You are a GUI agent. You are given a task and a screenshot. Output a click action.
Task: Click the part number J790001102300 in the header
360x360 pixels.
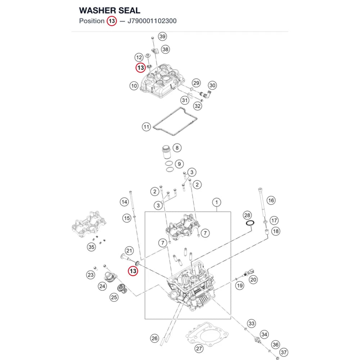point(152,21)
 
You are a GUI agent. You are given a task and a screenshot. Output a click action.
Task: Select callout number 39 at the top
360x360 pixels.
point(162,36)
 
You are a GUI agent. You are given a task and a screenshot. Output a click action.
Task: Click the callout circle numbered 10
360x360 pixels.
point(134,86)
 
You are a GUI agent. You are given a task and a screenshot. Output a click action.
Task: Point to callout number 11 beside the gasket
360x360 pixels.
point(146,127)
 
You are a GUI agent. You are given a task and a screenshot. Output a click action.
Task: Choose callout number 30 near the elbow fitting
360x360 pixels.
point(212,85)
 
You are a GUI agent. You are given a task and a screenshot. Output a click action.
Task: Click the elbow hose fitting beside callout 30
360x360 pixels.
point(206,94)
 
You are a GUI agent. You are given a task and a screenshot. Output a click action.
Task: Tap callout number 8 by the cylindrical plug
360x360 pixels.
point(177,148)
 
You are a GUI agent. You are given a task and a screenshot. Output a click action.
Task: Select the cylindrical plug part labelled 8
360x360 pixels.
point(166,152)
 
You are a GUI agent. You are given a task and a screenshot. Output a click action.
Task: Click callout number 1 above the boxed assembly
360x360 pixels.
point(216,202)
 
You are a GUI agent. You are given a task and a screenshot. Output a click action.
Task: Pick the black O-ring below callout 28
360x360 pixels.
point(250,223)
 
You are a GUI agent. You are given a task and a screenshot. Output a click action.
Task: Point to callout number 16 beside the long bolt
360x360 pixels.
point(271,201)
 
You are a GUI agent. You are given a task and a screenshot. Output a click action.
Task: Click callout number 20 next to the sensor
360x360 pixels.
point(253,280)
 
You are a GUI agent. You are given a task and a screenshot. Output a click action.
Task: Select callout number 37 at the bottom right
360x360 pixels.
point(284,352)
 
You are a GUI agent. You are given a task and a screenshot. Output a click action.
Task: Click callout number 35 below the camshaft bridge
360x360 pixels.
point(91,247)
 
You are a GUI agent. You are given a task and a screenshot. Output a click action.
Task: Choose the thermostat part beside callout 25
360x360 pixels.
point(122,288)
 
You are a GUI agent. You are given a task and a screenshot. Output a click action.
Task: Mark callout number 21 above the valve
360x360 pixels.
point(129,251)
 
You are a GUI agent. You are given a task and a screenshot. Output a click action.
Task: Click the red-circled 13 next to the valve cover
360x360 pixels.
point(140,68)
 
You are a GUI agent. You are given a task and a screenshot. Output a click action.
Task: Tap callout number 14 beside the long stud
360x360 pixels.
point(125,202)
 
